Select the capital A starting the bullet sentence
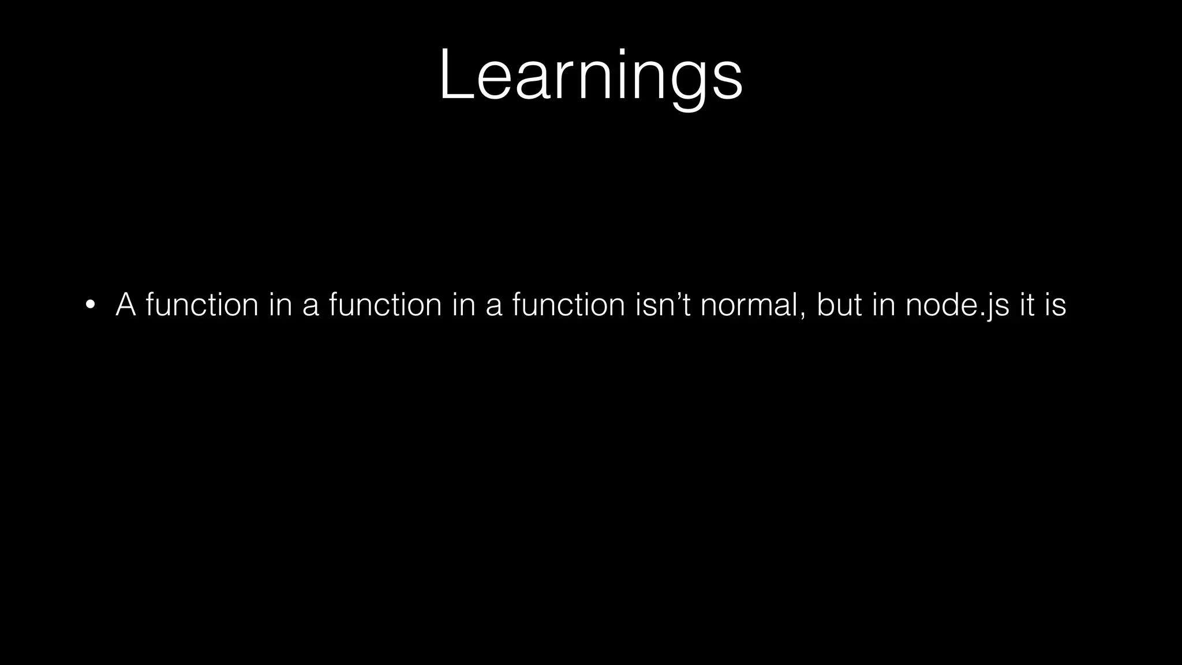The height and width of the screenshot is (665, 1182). (126, 304)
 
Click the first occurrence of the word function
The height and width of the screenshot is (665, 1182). (202, 304)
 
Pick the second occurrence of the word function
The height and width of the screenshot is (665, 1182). (385, 304)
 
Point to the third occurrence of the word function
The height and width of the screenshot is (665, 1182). (568, 304)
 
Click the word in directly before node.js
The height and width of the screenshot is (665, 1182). (883, 304)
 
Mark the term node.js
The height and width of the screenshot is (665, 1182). (957, 304)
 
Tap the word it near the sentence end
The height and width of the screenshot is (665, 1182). (1027, 304)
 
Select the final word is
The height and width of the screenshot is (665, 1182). (1055, 304)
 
